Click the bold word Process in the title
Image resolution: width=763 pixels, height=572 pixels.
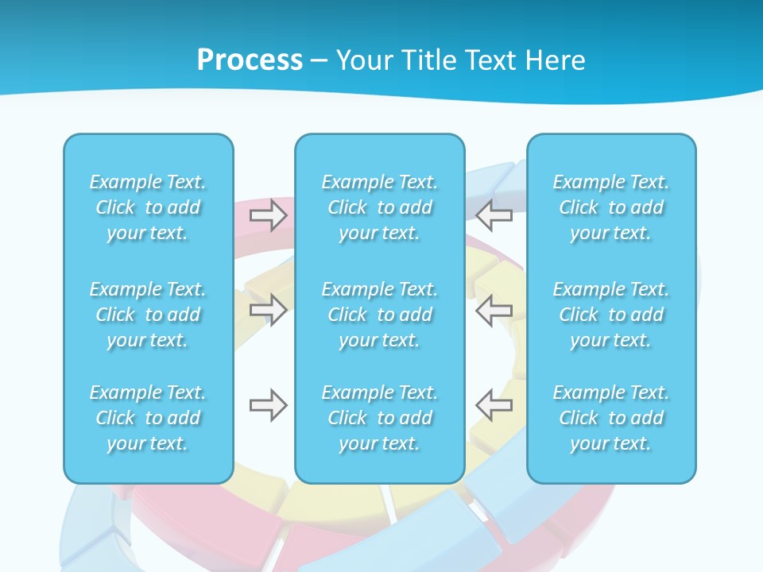pyautogui.click(x=250, y=60)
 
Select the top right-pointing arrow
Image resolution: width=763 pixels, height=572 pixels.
pyautogui.click(x=269, y=215)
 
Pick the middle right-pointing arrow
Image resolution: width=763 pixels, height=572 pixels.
pyautogui.click(x=269, y=310)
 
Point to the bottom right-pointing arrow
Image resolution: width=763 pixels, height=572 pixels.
pyautogui.click(x=269, y=406)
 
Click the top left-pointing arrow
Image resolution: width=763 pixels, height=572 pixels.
pyautogui.click(x=494, y=215)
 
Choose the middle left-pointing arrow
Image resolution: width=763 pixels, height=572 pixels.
pyautogui.click(x=494, y=310)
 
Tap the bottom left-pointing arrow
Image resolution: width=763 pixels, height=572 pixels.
pyautogui.click(x=494, y=406)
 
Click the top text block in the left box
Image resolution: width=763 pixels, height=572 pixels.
pyautogui.click(x=148, y=207)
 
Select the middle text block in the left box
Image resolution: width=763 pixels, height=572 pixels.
pyautogui.click(x=148, y=315)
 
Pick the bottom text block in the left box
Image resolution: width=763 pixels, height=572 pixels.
pyautogui.click(x=148, y=418)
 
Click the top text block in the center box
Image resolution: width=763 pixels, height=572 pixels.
pyautogui.click(x=379, y=207)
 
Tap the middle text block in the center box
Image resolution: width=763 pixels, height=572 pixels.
pyautogui.click(x=379, y=315)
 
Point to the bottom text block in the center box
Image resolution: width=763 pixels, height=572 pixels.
pyautogui.click(x=379, y=418)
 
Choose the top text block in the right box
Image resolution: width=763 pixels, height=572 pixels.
pyautogui.click(x=611, y=207)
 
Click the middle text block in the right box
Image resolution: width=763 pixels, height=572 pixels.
pyautogui.click(x=611, y=315)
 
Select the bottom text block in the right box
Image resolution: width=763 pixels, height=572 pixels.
pyautogui.click(x=611, y=418)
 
